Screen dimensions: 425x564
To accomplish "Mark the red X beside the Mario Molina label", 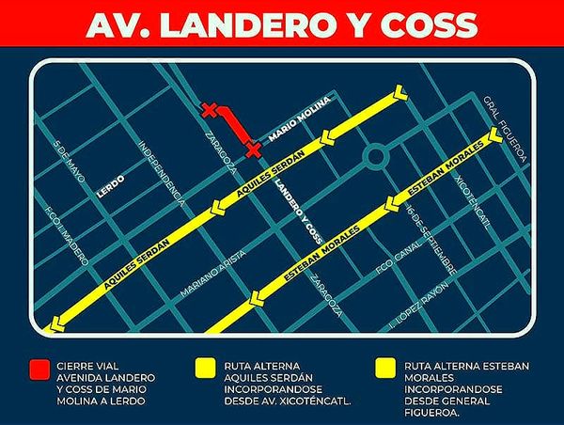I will [252, 148].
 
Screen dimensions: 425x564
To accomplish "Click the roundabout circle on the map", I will [376, 156].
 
